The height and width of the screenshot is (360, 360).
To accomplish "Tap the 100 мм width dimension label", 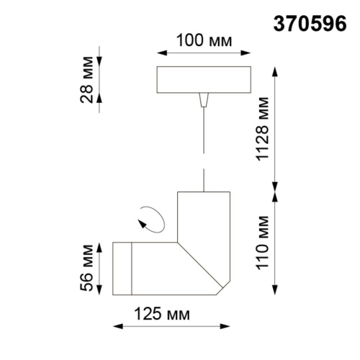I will [204, 40].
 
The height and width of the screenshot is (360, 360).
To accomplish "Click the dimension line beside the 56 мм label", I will [100, 268].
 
